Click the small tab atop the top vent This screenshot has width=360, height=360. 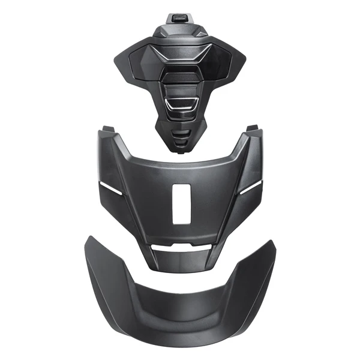[178, 17]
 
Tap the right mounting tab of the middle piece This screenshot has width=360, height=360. [251, 130]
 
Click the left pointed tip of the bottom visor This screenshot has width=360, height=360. [89, 239]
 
